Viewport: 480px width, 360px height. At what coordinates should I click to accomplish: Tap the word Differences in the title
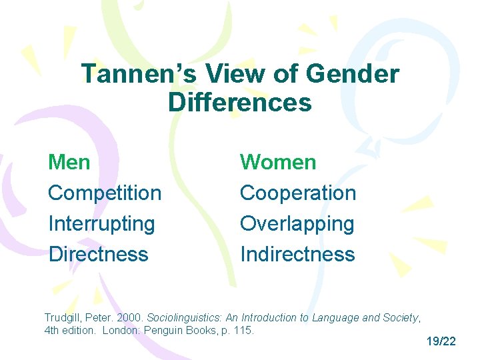239,103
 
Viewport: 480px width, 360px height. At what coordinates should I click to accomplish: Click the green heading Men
70,162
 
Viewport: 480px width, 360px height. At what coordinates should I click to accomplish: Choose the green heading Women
278,162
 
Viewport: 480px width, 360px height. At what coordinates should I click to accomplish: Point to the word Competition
105,193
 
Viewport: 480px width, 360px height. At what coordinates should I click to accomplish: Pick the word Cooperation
298,193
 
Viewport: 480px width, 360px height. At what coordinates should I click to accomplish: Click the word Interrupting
101,223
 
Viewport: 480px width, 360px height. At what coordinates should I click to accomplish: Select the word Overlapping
297,223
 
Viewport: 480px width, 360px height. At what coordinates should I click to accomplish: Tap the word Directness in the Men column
98,254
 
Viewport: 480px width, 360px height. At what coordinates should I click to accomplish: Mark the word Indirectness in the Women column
297,254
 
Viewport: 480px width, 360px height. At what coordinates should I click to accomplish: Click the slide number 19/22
441,341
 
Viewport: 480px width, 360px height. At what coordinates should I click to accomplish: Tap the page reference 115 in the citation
244,331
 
